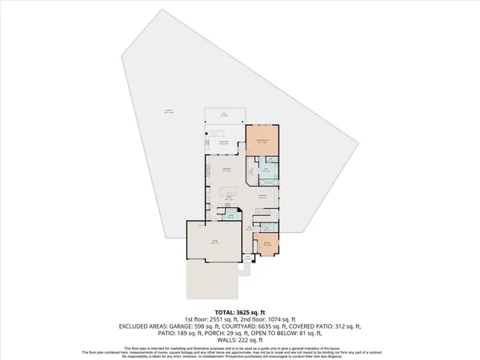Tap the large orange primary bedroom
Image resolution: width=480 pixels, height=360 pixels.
coord(260,142)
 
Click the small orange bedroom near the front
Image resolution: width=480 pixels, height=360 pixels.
coord(266,245)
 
